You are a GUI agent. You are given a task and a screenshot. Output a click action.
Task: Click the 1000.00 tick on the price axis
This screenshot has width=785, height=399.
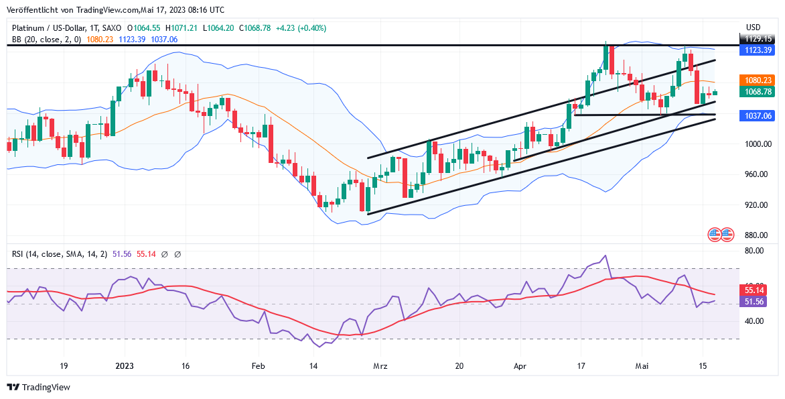(x=758, y=144)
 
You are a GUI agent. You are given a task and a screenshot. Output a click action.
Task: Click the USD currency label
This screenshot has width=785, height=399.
(x=754, y=27)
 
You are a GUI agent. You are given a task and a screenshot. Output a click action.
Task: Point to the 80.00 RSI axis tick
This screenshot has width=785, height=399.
(x=754, y=251)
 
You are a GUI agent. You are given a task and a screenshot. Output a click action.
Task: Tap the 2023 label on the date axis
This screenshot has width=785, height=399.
(x=125, y=366)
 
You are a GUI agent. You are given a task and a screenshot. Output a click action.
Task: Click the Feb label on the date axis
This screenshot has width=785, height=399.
(x=259, y=366)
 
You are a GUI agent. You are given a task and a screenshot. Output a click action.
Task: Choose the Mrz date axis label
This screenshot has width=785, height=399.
(x=380, y=366)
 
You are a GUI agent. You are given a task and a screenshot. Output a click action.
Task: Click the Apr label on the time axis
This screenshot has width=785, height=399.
(x=520, y=366)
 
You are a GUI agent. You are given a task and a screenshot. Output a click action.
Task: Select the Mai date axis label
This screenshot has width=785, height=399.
(x=642, y=366)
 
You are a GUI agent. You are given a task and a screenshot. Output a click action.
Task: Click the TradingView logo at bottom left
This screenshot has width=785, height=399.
(x=39, y=387)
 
